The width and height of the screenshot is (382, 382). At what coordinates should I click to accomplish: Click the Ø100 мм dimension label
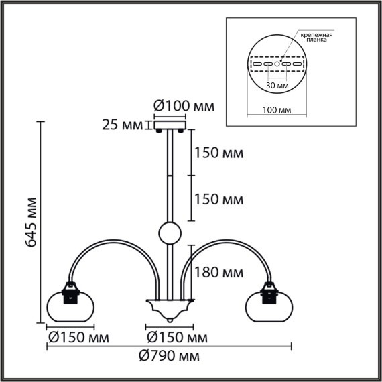(180, 106)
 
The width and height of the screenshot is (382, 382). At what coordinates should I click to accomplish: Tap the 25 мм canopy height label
(123, 125)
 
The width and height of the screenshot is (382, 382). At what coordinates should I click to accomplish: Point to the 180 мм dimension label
(218, 273)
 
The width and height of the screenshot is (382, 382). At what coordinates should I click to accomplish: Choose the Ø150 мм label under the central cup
(172, 335)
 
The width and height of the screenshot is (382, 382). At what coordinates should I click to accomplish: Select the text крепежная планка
(317, 36)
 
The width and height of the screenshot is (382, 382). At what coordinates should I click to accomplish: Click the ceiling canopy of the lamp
(170, 125)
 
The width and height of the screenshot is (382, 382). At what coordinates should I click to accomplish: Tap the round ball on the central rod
(169, 234)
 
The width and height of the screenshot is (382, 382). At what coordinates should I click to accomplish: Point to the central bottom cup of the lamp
(169, 310)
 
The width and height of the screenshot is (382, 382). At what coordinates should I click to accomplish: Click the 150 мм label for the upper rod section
(217, 153)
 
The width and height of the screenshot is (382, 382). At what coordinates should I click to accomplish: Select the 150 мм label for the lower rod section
(217, 200)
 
